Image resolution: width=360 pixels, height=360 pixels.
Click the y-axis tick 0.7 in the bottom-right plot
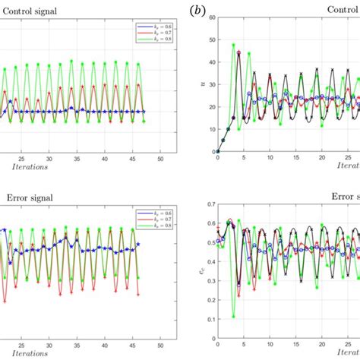[x=209, y=204]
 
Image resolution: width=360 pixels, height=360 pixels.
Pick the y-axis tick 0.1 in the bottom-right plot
[x=209, y=321]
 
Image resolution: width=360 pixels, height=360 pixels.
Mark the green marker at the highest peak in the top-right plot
[x=234, y=46]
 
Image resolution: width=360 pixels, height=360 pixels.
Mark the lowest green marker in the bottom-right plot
[x=233, y=316]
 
